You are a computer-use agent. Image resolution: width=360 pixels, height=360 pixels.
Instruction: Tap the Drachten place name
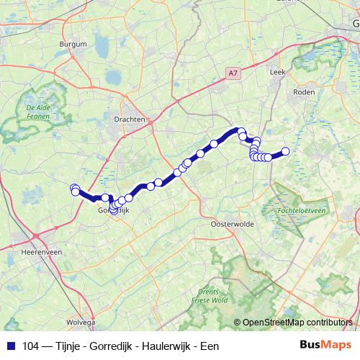pos(130,120)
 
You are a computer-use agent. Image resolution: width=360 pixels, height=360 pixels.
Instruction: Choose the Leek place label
pos(277,73)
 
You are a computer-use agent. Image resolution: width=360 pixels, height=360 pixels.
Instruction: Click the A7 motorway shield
pos(232,73)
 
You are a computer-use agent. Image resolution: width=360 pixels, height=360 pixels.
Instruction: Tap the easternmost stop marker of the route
pos(285,151)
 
